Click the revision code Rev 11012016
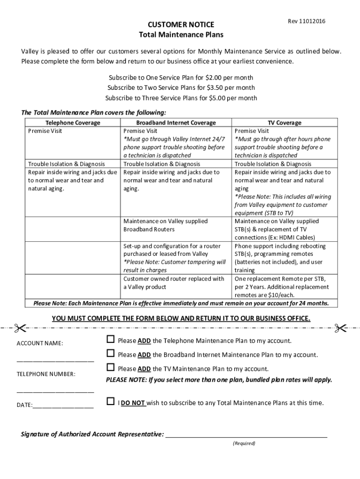point(307,22)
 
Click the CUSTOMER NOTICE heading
point(181,24)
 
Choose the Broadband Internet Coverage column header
point(176,123)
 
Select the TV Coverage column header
point(284,123)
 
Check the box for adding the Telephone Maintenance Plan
point(110,339)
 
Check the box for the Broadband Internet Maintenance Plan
point(110,353)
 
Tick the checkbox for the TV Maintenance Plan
point(110,367)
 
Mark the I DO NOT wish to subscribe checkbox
point(110,401)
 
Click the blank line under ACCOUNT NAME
point(55,360)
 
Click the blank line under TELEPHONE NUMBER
point(55,391)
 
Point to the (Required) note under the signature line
point(244,443)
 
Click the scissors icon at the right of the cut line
point(340,328)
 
